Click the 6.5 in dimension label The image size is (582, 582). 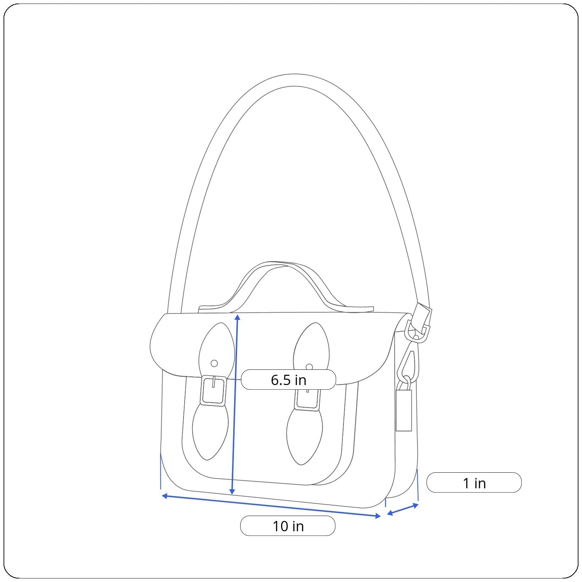pos(288,380)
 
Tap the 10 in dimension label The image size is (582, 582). pos(288,526)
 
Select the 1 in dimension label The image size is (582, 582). pos(474,483)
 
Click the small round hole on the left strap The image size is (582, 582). pos(214,363)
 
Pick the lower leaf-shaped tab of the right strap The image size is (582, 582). pos(304,436)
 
